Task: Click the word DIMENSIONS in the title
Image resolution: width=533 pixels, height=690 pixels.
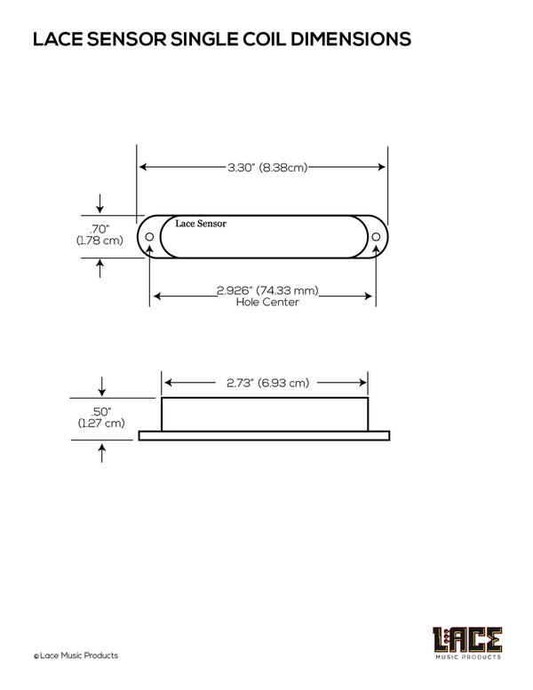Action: coord(350,39)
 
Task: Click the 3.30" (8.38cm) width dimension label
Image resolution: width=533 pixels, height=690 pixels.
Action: coord(267,167)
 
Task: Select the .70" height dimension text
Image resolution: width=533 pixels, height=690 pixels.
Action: coord(99,229)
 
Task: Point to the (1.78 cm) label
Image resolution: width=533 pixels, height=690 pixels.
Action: coord(99,241)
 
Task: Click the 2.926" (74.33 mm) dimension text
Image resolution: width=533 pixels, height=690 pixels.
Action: coord(267,290)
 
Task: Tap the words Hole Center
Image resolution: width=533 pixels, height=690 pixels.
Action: coord(267,302)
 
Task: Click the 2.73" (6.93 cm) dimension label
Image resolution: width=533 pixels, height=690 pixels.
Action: coord(267,383)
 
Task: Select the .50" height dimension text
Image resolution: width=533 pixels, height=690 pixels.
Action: coord(101,411)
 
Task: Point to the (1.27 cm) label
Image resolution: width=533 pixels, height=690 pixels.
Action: coord(101,423)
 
